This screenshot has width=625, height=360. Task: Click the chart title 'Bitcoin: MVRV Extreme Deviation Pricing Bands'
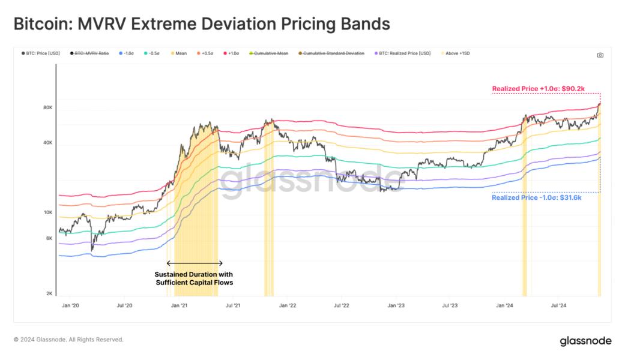[x=202, y=24]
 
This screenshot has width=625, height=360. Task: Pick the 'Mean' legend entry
[x=179, y=53]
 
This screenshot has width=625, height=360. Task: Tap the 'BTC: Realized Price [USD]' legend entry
[x=403, y=53]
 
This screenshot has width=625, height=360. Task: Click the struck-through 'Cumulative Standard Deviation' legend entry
[x=332, y=53]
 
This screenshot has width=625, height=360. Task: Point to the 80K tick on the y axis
[x=47, y=108]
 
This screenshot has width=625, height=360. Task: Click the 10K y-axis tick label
[x=47, y=212]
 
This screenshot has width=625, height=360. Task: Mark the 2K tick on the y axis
[x=49, y=293]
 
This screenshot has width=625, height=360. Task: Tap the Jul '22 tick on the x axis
[x=341, y=305]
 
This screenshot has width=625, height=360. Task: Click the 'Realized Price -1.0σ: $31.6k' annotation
[x=537, y=197]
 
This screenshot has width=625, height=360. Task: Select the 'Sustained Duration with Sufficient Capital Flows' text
[x=195, y=278]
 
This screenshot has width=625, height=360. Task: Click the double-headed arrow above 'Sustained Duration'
[x=195, y=263]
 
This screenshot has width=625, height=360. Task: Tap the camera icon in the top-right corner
[x=600, y=55]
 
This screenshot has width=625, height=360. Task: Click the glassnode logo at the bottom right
[x=585, y=341]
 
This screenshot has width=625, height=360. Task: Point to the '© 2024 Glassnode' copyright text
[x=68, y=340]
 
